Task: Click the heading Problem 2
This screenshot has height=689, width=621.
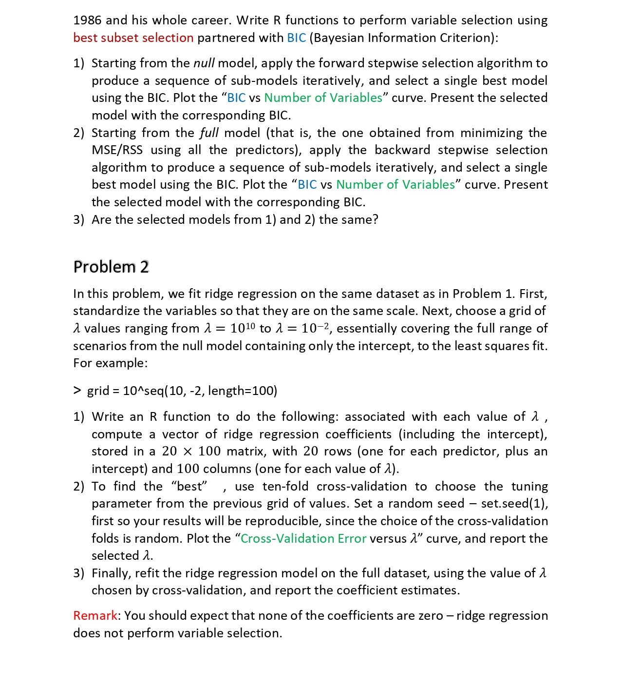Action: coord(111,267)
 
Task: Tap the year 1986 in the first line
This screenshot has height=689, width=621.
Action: coord(87,20)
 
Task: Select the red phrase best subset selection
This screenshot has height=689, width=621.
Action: coord(133,38)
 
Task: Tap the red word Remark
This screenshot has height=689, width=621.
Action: coord(95,615)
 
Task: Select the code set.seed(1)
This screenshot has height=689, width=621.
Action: coord(514,503)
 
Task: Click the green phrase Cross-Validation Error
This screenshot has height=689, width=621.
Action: coord(303,538)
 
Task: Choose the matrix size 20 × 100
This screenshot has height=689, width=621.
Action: coord(191,451)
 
